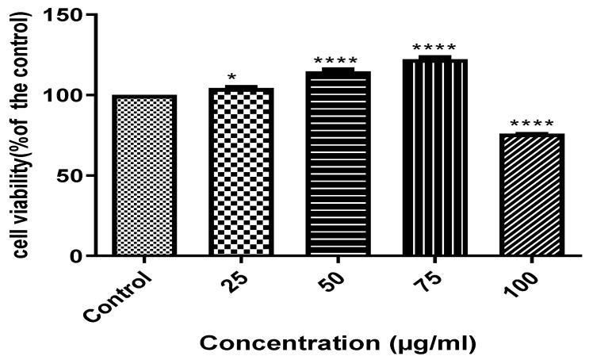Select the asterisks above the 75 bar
coord(434,48)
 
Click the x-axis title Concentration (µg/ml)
coord(337,344)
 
